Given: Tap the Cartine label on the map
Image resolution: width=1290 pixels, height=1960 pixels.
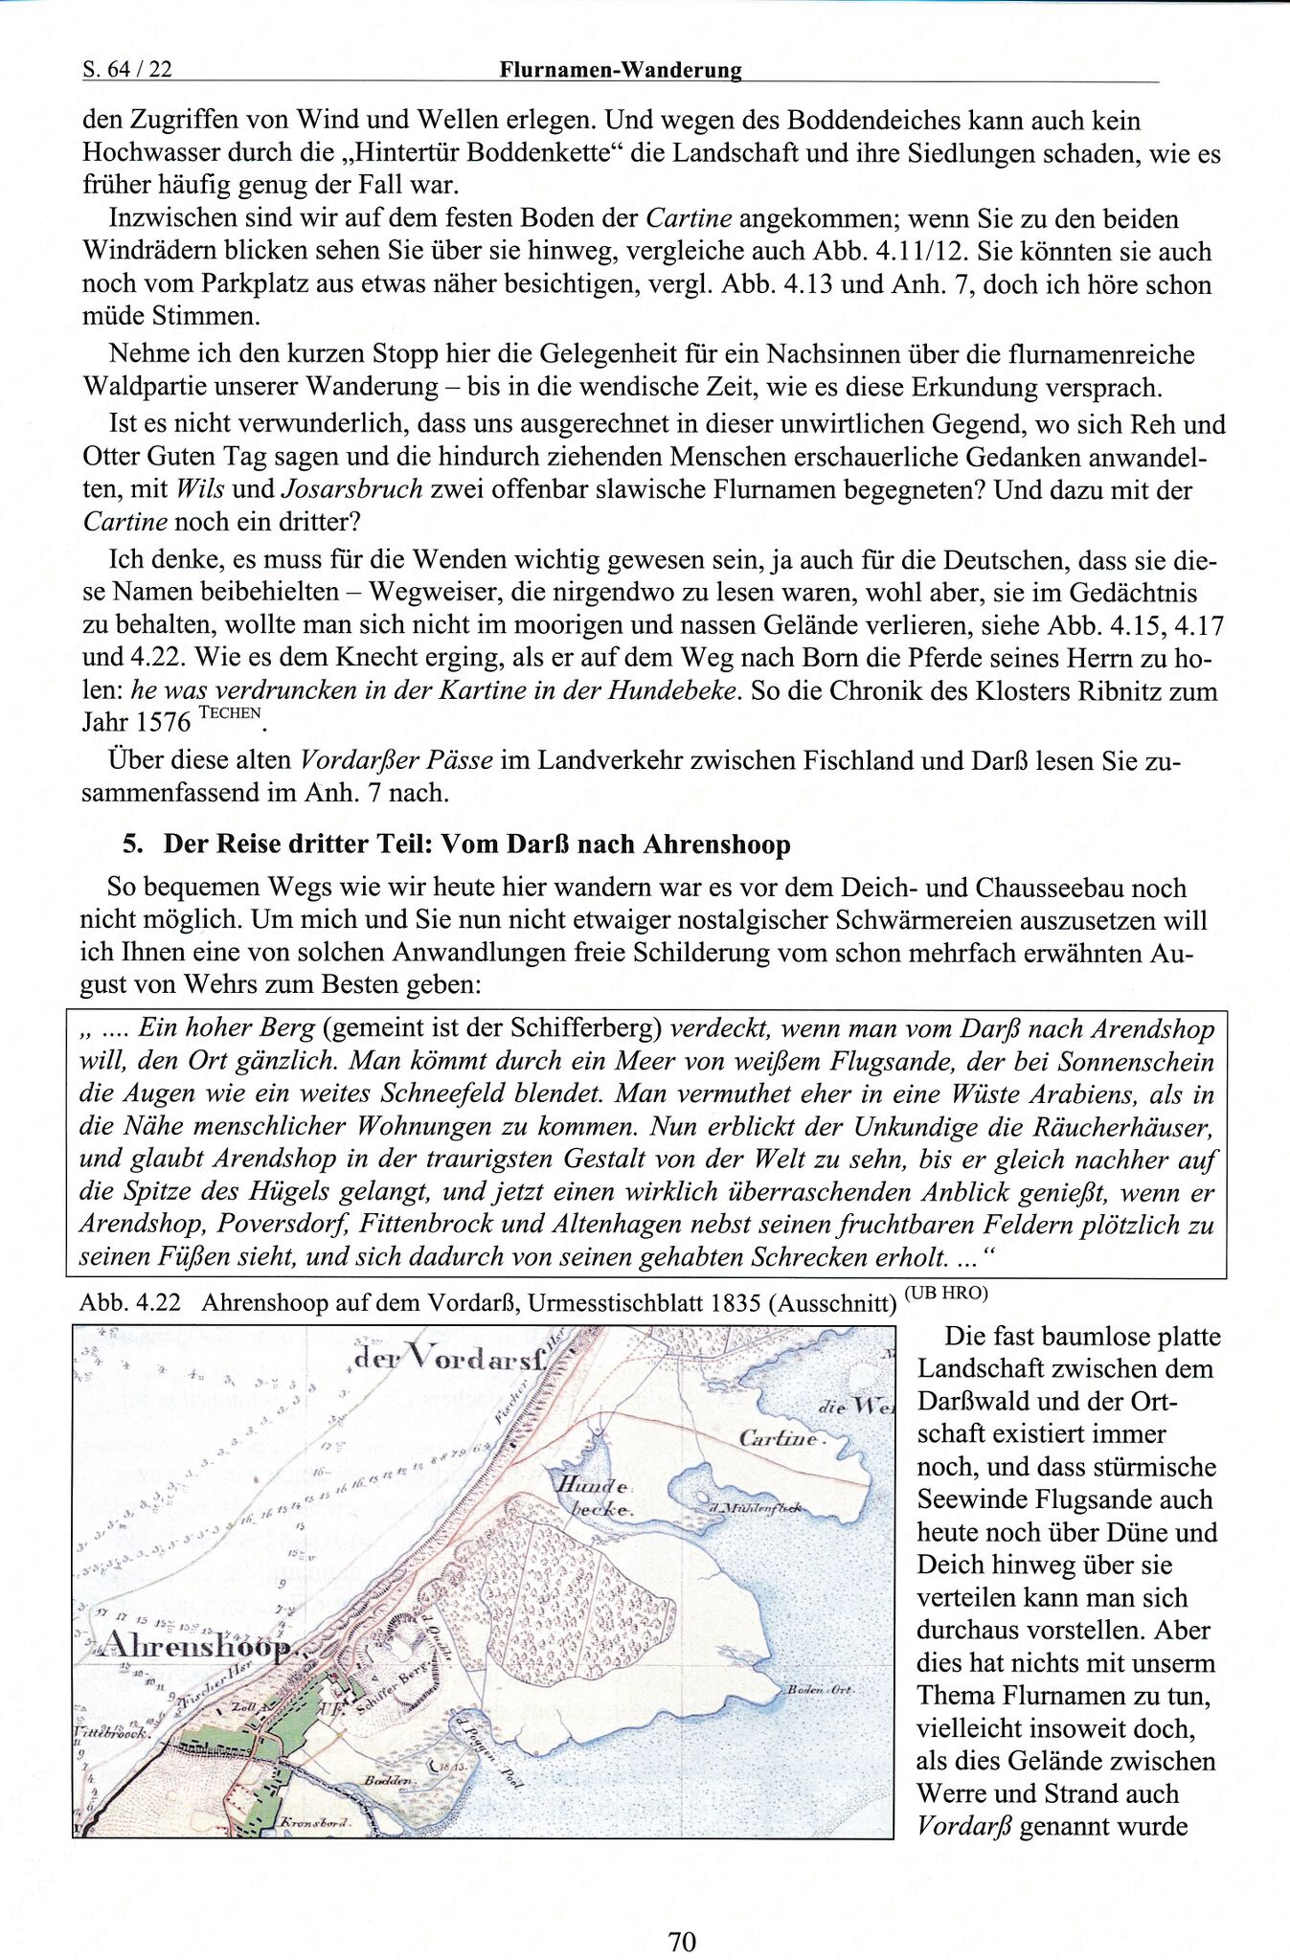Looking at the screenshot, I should point(779,1438).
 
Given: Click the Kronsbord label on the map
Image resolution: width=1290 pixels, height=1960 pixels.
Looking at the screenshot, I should point(312,1824).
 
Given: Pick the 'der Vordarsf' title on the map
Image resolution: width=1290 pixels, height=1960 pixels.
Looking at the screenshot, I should point(449,1358).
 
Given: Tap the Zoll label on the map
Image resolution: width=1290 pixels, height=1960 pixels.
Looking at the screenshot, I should point(244,1707).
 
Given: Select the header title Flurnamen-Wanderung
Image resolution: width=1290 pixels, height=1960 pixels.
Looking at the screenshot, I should point(621,70).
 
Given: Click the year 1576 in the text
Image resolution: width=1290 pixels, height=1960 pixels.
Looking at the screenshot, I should point(163,724).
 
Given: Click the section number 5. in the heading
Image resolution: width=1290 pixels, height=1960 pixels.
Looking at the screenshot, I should point(133,845).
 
